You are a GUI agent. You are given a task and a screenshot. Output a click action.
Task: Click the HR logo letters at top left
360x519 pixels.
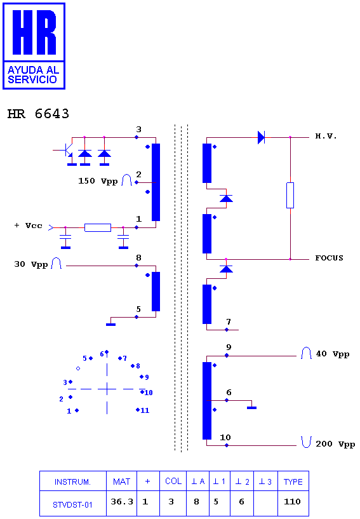pos(34,32)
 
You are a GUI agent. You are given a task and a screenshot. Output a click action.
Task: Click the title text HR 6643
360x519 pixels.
pos(38,114)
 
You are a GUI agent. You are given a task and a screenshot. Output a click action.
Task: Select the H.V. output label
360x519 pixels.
pos(326,136)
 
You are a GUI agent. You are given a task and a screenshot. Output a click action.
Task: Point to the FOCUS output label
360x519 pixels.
pos(329,258)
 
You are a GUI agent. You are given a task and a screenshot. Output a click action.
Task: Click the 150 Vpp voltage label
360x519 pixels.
pos(98,181)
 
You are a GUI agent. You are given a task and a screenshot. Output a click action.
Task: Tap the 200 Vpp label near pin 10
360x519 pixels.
pos(335,444)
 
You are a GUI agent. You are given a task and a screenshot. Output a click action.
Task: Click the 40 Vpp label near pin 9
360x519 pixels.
pos(333,354)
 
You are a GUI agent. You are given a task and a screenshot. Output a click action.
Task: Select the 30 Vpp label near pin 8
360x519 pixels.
pos(30,264)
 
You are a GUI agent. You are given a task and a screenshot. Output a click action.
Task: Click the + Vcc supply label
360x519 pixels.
pos(29,226)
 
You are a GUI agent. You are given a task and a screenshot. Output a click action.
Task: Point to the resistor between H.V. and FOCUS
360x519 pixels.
pos(290,195)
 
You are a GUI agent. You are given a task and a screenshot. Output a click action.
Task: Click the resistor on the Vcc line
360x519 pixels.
pos(98,227)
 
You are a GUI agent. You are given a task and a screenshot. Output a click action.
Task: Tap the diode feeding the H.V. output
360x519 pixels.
pos(261,137)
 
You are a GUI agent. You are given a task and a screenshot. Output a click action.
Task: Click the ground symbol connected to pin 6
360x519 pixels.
pos(252,408)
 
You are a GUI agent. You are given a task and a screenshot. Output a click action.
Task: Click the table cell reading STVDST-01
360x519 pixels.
pos(73,503)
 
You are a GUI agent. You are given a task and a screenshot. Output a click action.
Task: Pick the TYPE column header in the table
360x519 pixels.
pos(293,481)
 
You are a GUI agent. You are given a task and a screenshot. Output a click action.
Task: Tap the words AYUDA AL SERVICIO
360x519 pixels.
pos(33,75)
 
